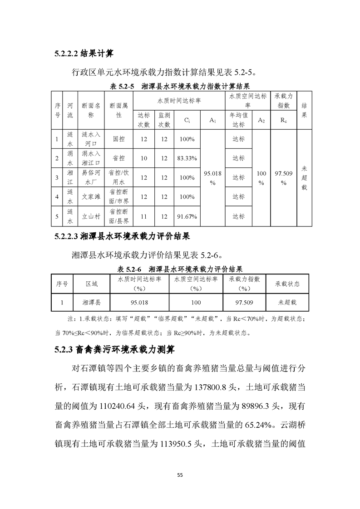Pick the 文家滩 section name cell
point(91,197)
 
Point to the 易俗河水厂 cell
point(91,177)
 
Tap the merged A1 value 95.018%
point(212,177)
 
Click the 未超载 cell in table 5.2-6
point(287,302)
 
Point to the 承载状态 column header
point(287,284)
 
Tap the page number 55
point(180,475)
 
